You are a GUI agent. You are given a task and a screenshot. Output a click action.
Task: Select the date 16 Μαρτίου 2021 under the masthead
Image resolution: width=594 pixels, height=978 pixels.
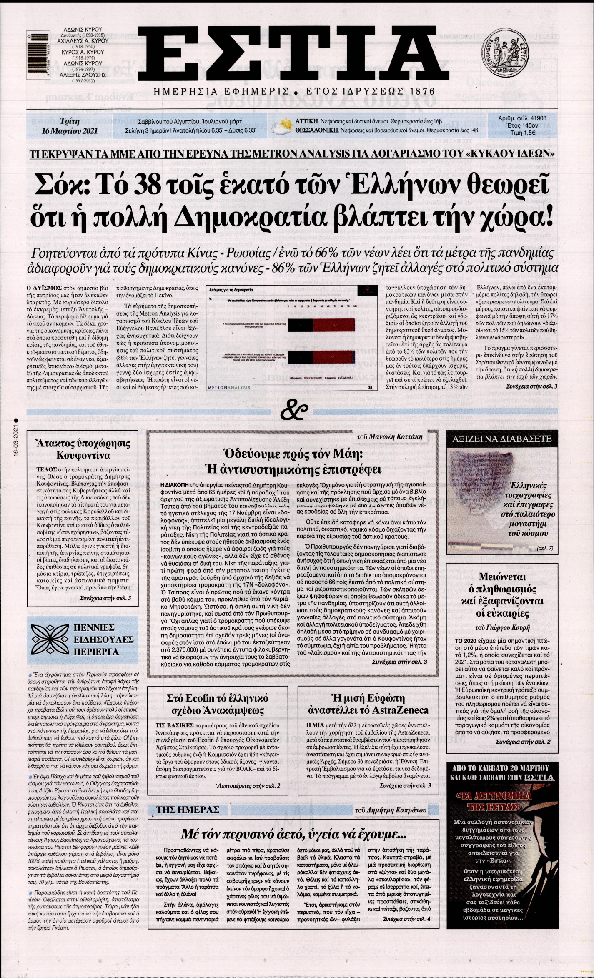point(70,130)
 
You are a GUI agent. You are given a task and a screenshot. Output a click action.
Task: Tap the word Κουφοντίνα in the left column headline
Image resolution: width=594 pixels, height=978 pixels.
point(78,455)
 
